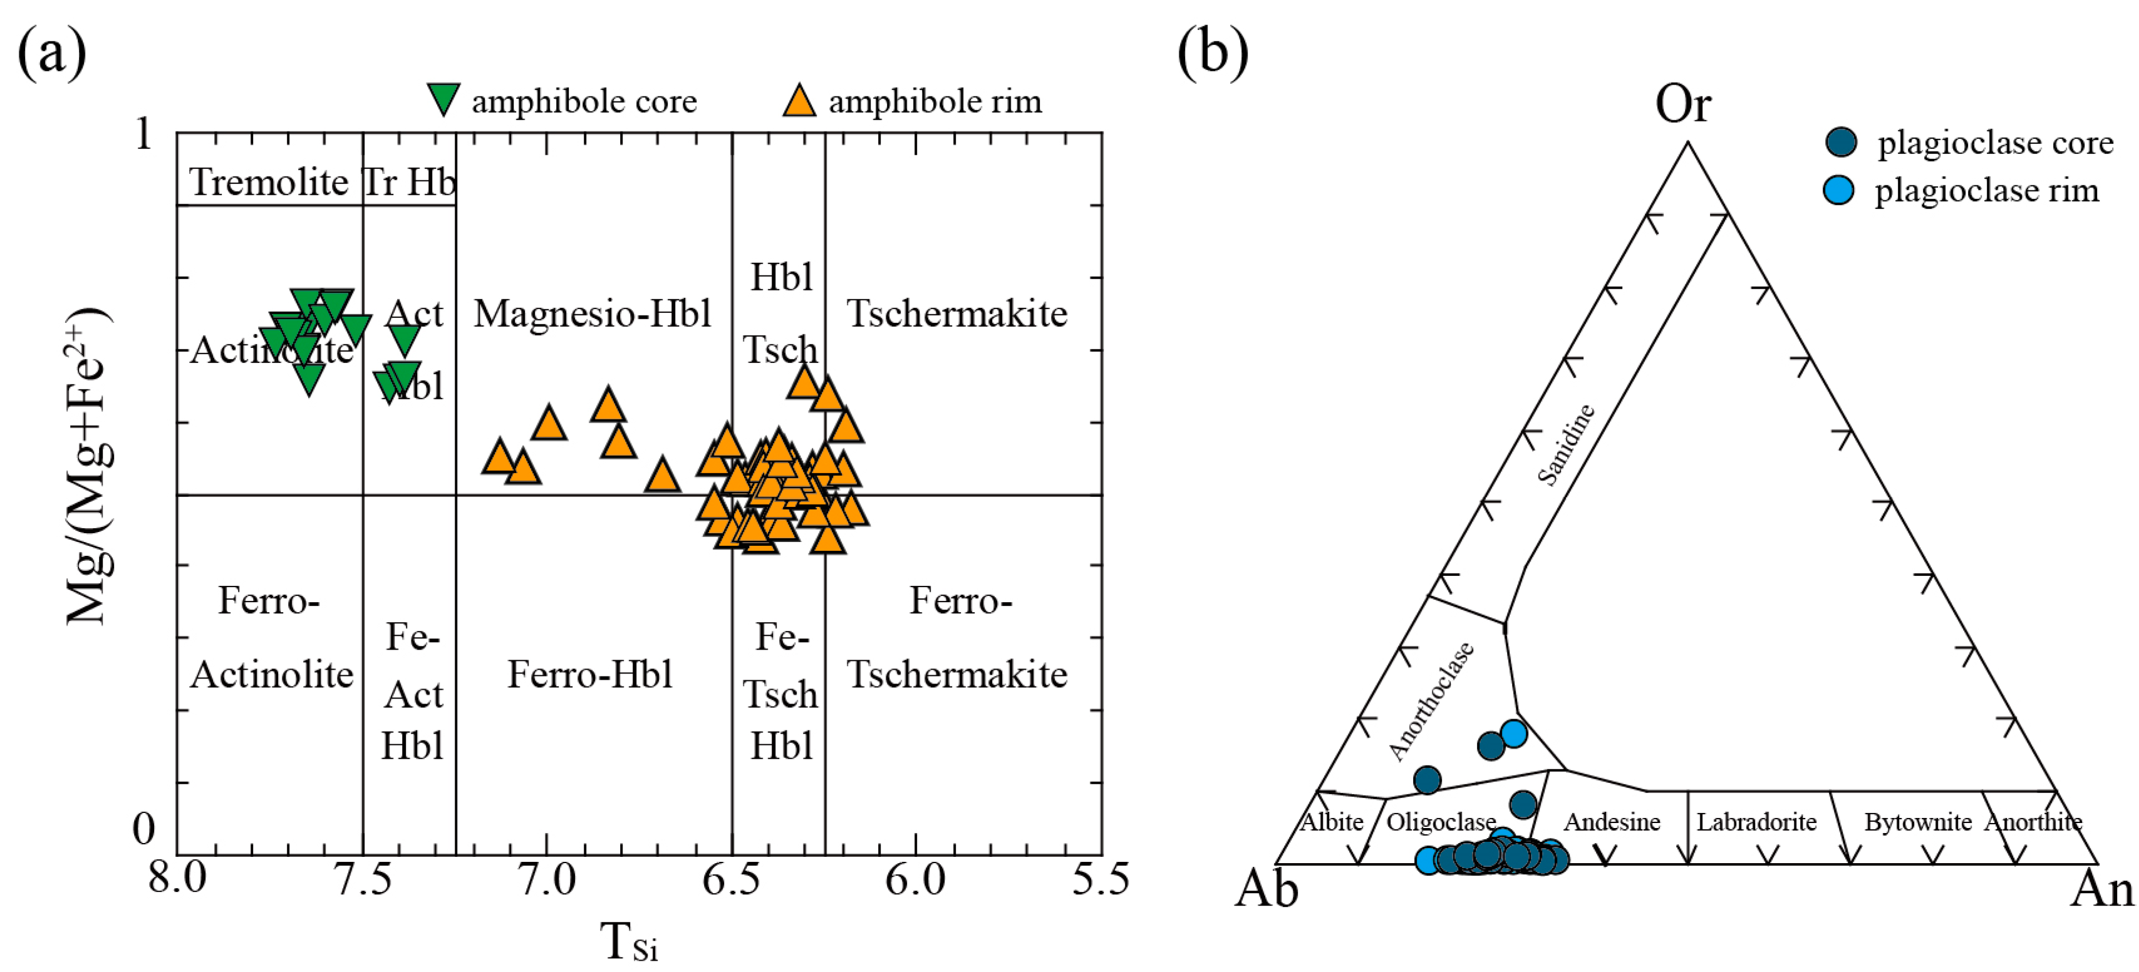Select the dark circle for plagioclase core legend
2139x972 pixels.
(x=1840, y=142)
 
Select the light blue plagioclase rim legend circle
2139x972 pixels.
(x=1838, y=190)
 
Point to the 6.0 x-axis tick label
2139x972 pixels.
(x=915, y=879)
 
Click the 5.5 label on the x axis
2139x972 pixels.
(x=1101, y=879)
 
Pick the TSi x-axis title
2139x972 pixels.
(x=629, y=942)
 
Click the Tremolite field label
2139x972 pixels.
(x=269, y=182)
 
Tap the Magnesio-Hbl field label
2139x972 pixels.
(x=592, y=314)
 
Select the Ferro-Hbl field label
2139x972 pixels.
(x=589, y=674)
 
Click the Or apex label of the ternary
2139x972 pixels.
(x=1682, y=105)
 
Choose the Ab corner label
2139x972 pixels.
(x=1266, y=890)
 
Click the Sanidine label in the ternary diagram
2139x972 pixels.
(x=1566, y=444)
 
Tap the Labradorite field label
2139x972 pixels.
(x=1756, y=822)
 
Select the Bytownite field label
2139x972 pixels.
(x=1918, y=822)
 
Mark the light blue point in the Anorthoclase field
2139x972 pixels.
(x=1514, y=734)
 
